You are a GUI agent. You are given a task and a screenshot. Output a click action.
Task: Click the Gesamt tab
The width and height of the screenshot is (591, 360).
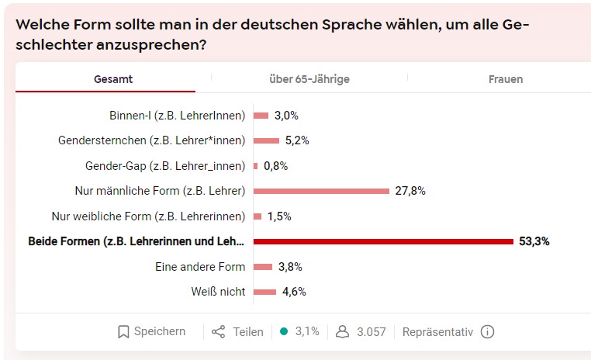point(113,79)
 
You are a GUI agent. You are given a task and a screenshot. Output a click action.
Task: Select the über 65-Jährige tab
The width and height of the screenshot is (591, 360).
point(309,79)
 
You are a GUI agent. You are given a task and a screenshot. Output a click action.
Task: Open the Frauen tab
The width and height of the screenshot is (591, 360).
point(506,79)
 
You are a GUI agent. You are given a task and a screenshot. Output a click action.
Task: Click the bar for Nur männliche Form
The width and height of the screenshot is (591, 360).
point(321,191)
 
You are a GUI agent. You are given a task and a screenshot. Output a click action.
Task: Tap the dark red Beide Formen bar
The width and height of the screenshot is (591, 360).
point(383,241)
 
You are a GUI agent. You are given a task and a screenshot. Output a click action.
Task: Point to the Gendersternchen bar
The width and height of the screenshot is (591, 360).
point(266,140)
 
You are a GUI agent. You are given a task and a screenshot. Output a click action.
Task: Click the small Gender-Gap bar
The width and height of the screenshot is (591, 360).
point(255,166)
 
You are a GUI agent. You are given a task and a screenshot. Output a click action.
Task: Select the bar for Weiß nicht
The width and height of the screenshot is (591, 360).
point(264,292)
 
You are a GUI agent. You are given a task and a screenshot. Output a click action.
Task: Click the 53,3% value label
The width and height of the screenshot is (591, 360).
point(534,241)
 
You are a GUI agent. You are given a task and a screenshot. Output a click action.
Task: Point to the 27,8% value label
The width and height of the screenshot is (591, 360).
point(410,191)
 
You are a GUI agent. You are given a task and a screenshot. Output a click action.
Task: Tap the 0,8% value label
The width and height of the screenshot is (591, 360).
point(275,166)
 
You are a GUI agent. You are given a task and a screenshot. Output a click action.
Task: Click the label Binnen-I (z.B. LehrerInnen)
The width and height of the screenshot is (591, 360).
point(178,116)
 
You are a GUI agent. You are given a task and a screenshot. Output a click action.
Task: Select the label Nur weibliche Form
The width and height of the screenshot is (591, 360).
point(148,216)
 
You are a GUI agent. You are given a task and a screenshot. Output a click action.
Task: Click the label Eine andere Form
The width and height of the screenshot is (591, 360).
point(200,267)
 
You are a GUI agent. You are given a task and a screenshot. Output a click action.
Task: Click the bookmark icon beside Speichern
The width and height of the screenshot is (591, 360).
point(123,332)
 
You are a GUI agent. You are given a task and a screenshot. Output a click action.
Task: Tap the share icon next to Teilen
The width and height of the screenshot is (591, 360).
point(219,332)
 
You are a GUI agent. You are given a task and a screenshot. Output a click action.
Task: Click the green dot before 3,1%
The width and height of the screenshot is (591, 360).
point(284,331)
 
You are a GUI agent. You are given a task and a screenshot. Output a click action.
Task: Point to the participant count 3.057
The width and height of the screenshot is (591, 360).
point(372,332)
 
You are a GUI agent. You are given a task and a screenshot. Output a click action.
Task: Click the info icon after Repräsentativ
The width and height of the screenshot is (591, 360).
point(487,332)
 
